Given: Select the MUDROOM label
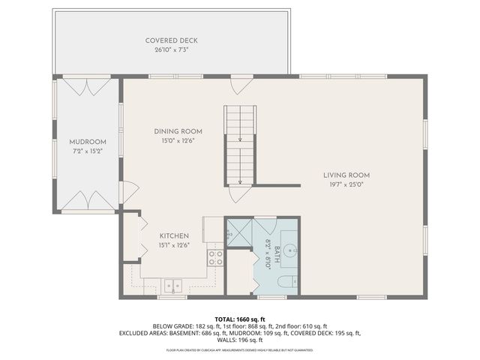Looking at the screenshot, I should point(88,142).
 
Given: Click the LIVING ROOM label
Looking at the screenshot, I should point(346,175).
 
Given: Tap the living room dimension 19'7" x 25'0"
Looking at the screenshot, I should point(346,185).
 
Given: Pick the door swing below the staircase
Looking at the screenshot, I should point(239,193).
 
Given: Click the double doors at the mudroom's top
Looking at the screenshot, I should point(88,86).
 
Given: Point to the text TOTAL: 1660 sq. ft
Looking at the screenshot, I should point(239,318).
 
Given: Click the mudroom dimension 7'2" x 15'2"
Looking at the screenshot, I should point(88,151).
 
